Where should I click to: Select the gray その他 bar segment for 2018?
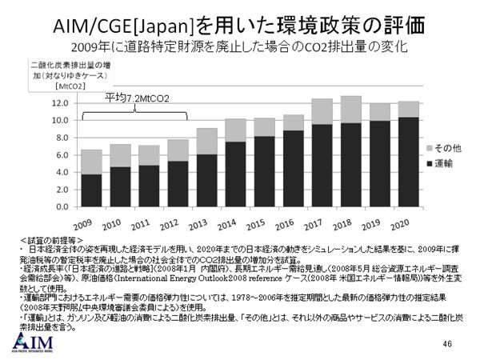351,110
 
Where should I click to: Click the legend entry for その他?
444,149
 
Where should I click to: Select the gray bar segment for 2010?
121,155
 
